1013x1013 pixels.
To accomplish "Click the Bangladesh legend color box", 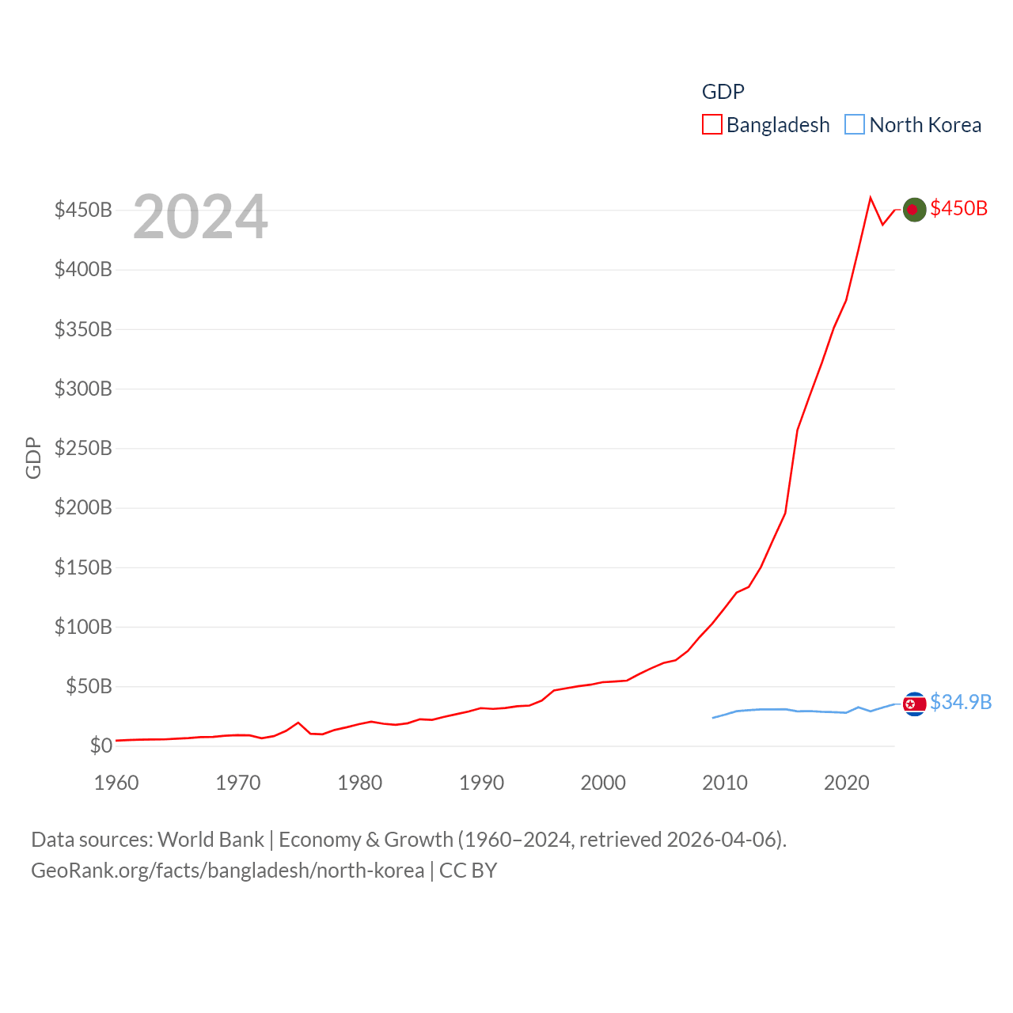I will [x=711, y=125].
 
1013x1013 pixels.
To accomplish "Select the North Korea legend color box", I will [x=855, y=125].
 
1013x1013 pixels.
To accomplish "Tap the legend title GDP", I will [x=723, y=92].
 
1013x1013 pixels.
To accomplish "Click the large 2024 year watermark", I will [x=200, y=217].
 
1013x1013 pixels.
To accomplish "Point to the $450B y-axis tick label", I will [x=83, y=210].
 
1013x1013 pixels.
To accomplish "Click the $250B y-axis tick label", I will [x=83, y=448].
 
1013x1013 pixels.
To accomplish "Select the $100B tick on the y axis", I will [x=83, y=627].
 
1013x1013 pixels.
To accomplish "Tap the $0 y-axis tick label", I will [x=101, y=746].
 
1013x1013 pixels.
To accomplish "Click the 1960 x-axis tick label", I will [x=116, y=783].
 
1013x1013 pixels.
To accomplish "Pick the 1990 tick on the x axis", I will [x=481, y=783].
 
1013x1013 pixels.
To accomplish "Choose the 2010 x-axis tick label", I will [x=725, y=783].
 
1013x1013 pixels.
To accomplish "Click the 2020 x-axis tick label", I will [x=847, y=783].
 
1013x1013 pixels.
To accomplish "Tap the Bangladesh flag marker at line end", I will [x=914, y=210].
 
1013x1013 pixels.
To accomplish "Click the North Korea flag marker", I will [x=914, y=704].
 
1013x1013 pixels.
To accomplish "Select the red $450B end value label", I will [x=958, y=208].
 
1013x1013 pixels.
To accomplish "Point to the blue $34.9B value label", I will [x=961, y=702].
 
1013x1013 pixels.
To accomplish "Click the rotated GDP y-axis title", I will [x=33, y=457].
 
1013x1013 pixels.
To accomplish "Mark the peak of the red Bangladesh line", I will [x=871, y=198].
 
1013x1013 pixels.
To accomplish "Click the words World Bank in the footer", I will [x=211, y=840].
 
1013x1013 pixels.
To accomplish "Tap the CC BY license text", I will [x=468, y=871].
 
